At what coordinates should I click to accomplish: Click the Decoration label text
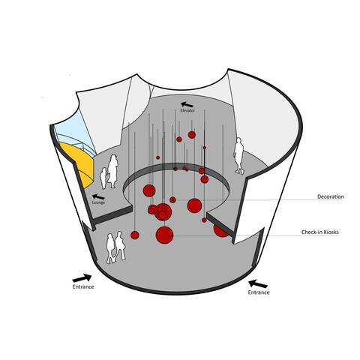331,196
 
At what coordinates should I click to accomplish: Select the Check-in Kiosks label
320,232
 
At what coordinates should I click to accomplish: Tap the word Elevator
187,110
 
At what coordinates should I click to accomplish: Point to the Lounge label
98,202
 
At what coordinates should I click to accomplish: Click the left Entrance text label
83,286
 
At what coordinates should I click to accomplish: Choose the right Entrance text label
259,292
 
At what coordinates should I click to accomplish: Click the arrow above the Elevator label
187,104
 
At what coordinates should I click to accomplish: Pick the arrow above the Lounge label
98,196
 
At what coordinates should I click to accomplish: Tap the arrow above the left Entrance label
82,278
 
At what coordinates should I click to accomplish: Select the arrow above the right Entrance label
258,283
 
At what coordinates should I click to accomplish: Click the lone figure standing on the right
238,156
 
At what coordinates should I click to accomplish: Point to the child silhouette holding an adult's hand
103,178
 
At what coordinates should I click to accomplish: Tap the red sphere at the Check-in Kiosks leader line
164,235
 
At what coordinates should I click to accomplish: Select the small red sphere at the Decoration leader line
172,199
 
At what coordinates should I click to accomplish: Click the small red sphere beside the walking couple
135,235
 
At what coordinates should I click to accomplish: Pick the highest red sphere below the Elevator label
192,135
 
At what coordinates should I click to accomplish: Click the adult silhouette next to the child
113,171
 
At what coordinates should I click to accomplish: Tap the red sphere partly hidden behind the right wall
220,231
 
